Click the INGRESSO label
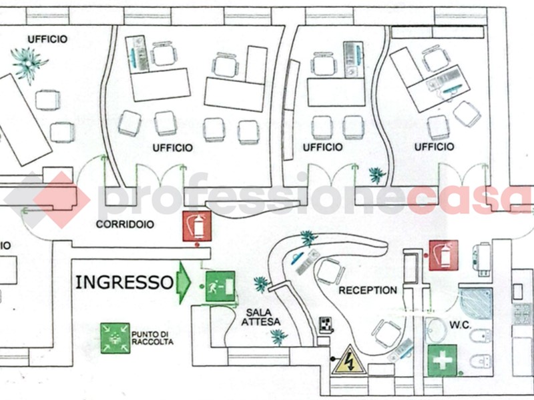pos(124,282)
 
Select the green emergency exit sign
pos(220,287)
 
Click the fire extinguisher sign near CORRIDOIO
pos(197,226)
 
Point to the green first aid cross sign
pos(442,359)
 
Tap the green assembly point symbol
pos(115,338)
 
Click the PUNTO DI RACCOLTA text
pos(152,337)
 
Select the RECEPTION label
pos(367,291)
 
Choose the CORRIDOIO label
pos(125,225)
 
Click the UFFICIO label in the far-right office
pos(434,147)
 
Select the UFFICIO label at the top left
pos(47,39)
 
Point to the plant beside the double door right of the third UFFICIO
pos(377,175)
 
